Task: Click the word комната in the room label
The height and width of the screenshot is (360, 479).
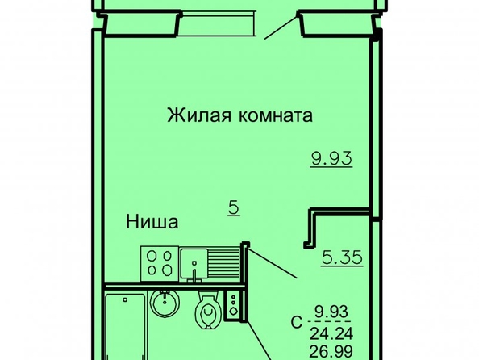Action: point(276,116)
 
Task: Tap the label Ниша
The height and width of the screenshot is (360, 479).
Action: point(152,222)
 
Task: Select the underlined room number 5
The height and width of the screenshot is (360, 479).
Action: point(234,208)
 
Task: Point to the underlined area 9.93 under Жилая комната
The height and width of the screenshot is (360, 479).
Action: point(331,159)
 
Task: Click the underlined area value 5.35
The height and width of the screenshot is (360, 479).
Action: point(342,257)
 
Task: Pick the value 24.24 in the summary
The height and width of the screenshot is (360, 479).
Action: point(331,333)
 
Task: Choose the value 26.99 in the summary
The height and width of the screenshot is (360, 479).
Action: point(331,352)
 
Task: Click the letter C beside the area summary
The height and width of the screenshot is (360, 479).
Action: point(296,322)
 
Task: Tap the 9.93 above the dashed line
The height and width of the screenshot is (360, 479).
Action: point(331,312)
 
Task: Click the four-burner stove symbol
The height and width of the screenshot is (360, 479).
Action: point(160,263)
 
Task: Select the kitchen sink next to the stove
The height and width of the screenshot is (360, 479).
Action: point(194,264)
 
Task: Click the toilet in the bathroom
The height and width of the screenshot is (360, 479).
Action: point(209,309)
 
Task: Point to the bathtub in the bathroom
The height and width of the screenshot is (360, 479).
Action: point(125,326)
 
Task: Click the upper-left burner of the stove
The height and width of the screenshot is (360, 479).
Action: point(152,257)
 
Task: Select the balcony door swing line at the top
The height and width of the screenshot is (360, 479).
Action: point(281,26)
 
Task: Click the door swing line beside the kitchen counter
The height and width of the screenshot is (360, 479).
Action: point(273,263)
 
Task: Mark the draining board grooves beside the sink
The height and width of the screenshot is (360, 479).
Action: point(224,263)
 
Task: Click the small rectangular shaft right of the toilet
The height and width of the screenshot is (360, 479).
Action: point(233,306)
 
